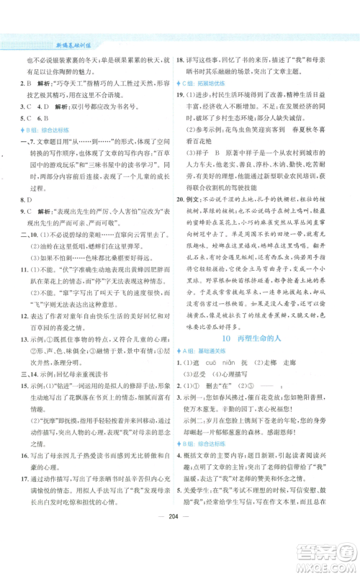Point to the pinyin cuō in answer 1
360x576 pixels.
(x=233, y=402)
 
